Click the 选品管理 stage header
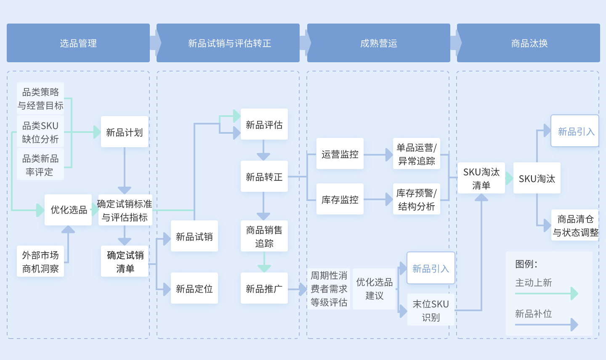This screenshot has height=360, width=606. (78, 43)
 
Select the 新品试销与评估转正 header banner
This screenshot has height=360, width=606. (229, 43)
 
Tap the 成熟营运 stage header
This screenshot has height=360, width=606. (379, 43)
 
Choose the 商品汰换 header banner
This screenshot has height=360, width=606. (529, 43)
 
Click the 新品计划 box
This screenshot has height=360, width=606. (125, 132)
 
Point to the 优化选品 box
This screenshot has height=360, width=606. (69, 209)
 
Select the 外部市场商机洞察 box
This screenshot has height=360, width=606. (40, 261)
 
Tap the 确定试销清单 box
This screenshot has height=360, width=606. (125, 261)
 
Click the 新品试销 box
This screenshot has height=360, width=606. (194, 236)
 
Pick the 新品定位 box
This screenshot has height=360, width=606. (194, 288)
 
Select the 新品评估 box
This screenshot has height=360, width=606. (264, 124)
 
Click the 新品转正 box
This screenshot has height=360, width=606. (264, 176)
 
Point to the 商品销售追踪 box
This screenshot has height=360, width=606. (264, 236)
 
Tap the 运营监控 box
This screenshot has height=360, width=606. (340, 154)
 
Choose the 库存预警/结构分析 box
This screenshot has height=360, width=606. (417, 199)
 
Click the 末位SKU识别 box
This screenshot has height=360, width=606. (431, 310)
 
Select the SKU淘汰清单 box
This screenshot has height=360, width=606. (481, 178)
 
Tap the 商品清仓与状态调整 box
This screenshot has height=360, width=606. (575, 225)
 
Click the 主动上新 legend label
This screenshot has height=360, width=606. (534, 283)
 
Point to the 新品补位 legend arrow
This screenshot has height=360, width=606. (547, 324)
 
